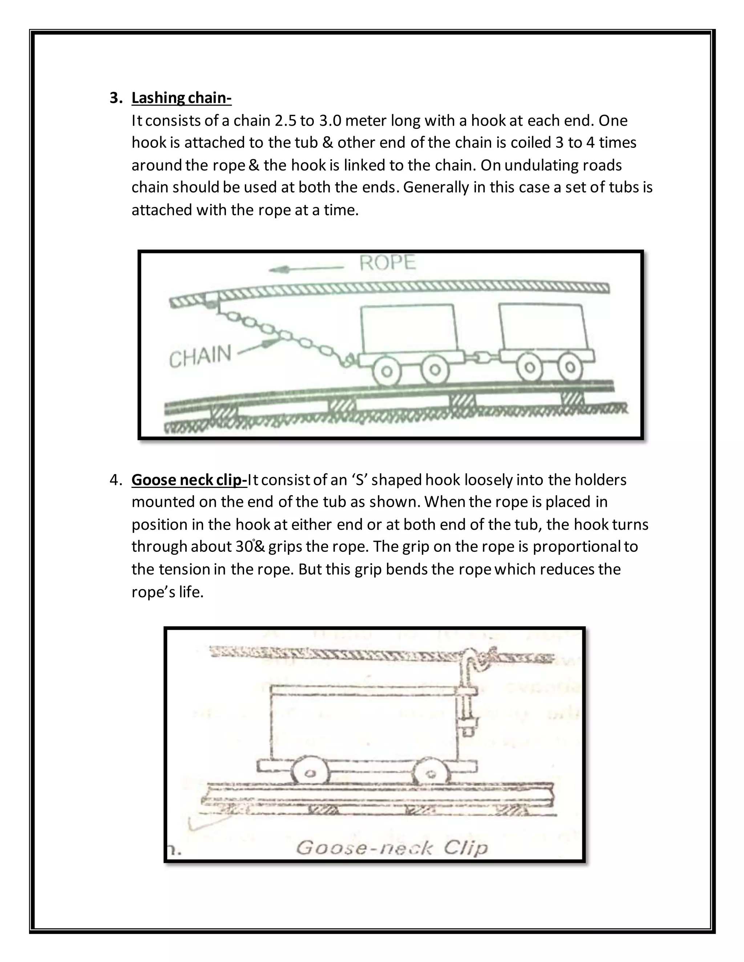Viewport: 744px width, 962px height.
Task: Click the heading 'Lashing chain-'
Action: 181,98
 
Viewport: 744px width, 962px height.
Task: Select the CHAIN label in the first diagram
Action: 200,356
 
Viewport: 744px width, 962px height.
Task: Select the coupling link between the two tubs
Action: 481,357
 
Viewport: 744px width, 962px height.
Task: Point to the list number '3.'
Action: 116,98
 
